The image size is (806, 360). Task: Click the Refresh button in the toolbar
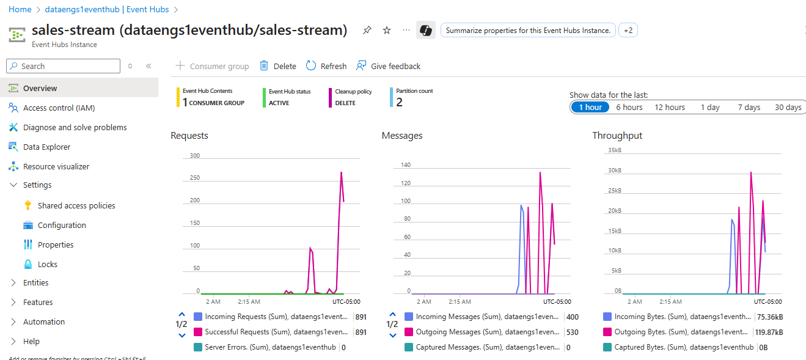326,66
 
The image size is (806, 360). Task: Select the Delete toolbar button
278,66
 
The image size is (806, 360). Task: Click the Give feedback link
389,66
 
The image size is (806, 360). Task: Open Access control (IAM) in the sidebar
59,108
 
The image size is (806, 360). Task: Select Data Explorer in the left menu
46,147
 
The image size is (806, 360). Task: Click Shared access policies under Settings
76,206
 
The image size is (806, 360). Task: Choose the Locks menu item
48,265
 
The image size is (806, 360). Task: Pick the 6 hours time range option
629,108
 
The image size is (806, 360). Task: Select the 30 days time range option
788,108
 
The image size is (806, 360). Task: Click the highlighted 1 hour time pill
590,108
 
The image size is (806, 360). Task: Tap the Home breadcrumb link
20,10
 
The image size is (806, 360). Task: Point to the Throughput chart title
617,136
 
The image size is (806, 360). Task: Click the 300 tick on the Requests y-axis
195,156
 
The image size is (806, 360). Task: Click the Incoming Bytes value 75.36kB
769,317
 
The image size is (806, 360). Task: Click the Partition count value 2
399,102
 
